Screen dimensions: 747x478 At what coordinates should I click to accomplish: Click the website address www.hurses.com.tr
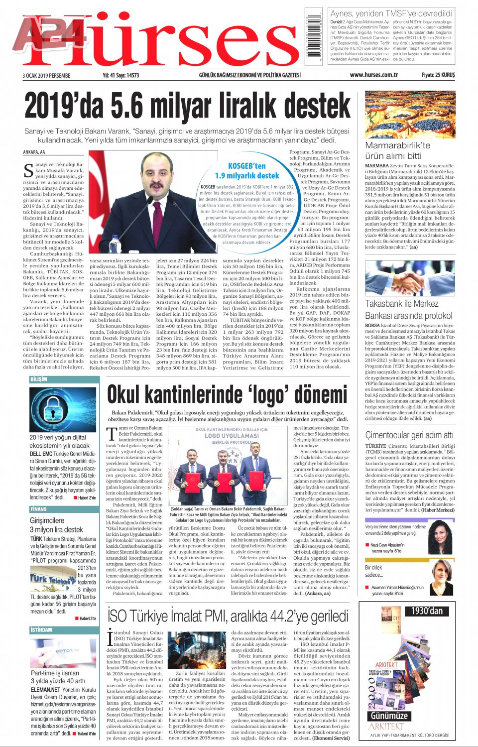click(x=373, y=75)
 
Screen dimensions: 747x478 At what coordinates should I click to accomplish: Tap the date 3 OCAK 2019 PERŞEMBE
click(x=46, y=76)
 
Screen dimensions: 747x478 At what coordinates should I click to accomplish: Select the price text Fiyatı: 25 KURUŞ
click(x=438, y=75)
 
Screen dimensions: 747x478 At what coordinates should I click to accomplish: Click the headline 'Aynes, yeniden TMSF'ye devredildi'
click(x=391, y=13)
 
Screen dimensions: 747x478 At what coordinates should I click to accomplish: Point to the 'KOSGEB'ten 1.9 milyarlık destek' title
click(x=247, y=170)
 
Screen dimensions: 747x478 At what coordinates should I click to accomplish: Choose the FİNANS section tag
click(x=38, y=509)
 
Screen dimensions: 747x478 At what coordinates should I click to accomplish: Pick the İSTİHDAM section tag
click(x=41, y=630)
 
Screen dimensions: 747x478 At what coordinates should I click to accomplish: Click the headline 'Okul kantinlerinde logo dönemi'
click(x=227, y=394)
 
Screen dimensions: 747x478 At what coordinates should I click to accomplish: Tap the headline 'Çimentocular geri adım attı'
click(x=409, y=435)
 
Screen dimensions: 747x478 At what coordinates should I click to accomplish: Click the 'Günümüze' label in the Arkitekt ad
click(x=389, y=716)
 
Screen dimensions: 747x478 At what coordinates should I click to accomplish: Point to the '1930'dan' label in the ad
click(x=426, y=611)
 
